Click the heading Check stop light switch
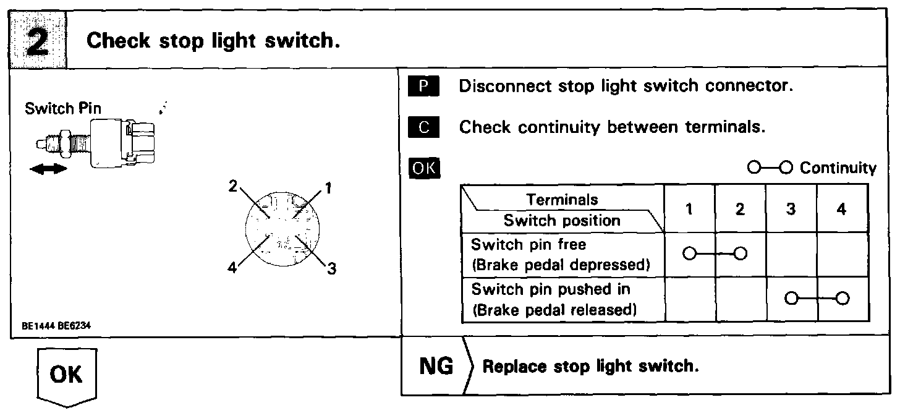(214, 41)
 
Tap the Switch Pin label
(63, 109)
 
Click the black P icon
(423, 86)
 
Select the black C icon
(423, 127)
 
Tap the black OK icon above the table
(423, 168)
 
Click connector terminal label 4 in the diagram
(232, 269)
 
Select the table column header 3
(791, 209)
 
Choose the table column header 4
(841, 209)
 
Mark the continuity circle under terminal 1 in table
(690, 253)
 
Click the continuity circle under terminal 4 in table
(841, 299)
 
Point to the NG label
(436, 366)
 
